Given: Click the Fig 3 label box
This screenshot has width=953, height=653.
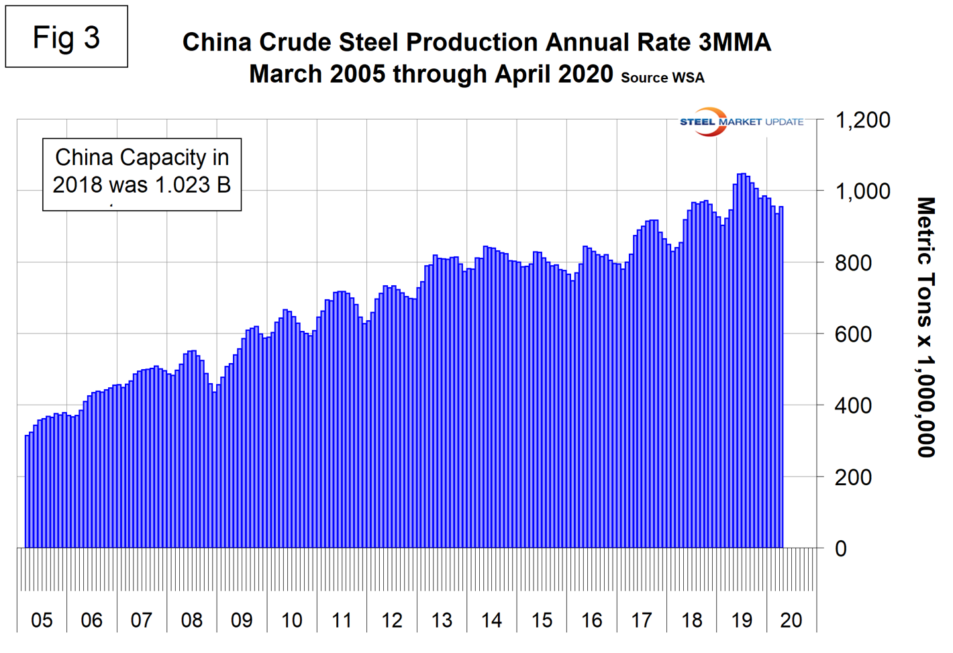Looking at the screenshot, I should pyautogui.click(x=66, y=37).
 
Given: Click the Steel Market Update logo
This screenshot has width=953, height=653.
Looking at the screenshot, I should pyautogui.click(x=741, y=122).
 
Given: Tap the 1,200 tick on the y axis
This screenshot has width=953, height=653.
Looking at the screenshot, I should pyautogui.click(x=862, y=120).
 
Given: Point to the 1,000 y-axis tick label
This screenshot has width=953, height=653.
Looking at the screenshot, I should pyautogui.click(x=862, y=191).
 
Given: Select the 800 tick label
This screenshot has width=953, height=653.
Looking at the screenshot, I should pyautogui.click(x=853, y=263).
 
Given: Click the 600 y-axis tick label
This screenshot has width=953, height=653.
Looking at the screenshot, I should pyautogui.click(x=853, y=334).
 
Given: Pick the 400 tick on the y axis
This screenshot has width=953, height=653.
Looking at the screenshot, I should pyautogui.click(x=853, y=405).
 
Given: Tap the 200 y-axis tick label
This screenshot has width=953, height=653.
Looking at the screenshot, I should pyautogui.click(x=853, y=477).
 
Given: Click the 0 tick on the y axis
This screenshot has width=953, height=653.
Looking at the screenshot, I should pyautogui.click(x=841, y=549).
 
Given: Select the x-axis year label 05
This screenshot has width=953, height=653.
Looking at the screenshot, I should pyautogui.click(x=42, y=620).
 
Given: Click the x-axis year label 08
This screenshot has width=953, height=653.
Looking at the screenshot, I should pyautogui.click(x=191, y=620).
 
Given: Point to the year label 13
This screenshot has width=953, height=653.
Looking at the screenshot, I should pyautogui.click(x=442, y=620).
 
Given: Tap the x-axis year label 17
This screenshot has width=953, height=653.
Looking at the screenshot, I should pyautogui.click(x=642, y=620).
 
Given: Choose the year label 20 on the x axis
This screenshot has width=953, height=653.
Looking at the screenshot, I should pyautogui.click(x=791, y=620).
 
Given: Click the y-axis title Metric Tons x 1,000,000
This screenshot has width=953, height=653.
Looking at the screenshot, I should pyautogui.click(x=925, y=327).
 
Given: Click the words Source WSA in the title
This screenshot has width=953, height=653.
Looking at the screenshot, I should pyautogui.click(x=662, y=78).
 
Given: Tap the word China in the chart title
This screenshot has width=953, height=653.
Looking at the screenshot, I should pyautogui.click(x=216, y=42).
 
